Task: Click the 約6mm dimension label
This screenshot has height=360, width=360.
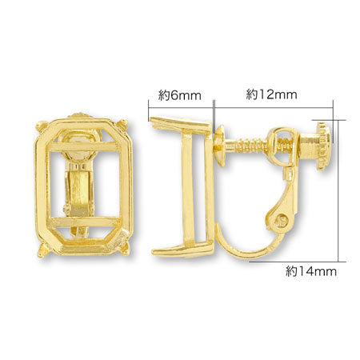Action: tap(179, 95)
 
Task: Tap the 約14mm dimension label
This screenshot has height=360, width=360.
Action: tap(311, 270)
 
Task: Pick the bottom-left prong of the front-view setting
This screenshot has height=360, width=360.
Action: tap(42, 251)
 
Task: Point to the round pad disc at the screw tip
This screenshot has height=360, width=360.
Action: tap(217, 145)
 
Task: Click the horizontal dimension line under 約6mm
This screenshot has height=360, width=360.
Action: tap(181, 107)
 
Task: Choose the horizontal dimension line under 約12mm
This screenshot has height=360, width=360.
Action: tap(272, 107)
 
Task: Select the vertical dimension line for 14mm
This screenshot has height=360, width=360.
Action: tap(342, 192)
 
